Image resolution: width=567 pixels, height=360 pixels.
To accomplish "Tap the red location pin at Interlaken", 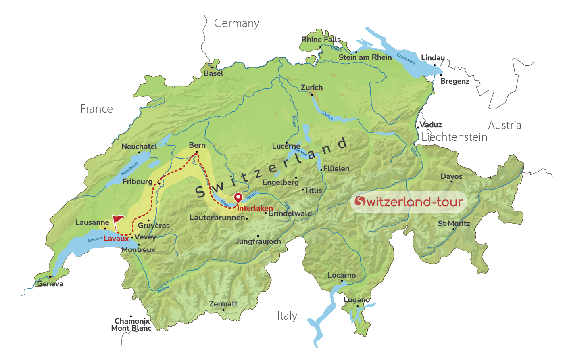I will coord(238,197).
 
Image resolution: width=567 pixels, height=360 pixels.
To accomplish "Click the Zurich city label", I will coord(312,88).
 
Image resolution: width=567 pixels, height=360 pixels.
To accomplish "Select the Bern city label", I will coord(197,145).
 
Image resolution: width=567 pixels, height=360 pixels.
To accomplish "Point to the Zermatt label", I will coord(223,304).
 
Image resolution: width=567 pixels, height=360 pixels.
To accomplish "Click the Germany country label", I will coord(236,23).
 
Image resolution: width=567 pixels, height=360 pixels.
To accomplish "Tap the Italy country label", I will coord(287,316).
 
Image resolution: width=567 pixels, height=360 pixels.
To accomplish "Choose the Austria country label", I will coord(504,126).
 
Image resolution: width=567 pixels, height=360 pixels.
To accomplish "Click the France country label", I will coord(96,109).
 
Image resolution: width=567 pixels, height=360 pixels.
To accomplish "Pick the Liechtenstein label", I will coord(454,137).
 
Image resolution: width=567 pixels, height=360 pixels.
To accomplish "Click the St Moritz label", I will coord(454,224).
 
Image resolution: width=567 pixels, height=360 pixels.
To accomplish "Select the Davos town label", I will coord(451,176).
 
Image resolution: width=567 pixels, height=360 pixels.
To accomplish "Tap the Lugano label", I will coord(356,300).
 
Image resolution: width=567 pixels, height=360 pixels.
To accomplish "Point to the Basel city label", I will coord(213,73).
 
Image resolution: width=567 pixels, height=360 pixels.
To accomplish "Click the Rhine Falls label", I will coord(321,40).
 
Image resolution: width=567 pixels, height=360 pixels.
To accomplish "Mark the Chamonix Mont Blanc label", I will coord(131,324).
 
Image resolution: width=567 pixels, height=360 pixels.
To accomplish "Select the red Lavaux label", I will coord(116,239).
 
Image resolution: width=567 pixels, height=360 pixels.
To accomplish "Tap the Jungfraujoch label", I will coord(258,241).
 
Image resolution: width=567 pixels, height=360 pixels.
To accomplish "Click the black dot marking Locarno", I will coord(342,281).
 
